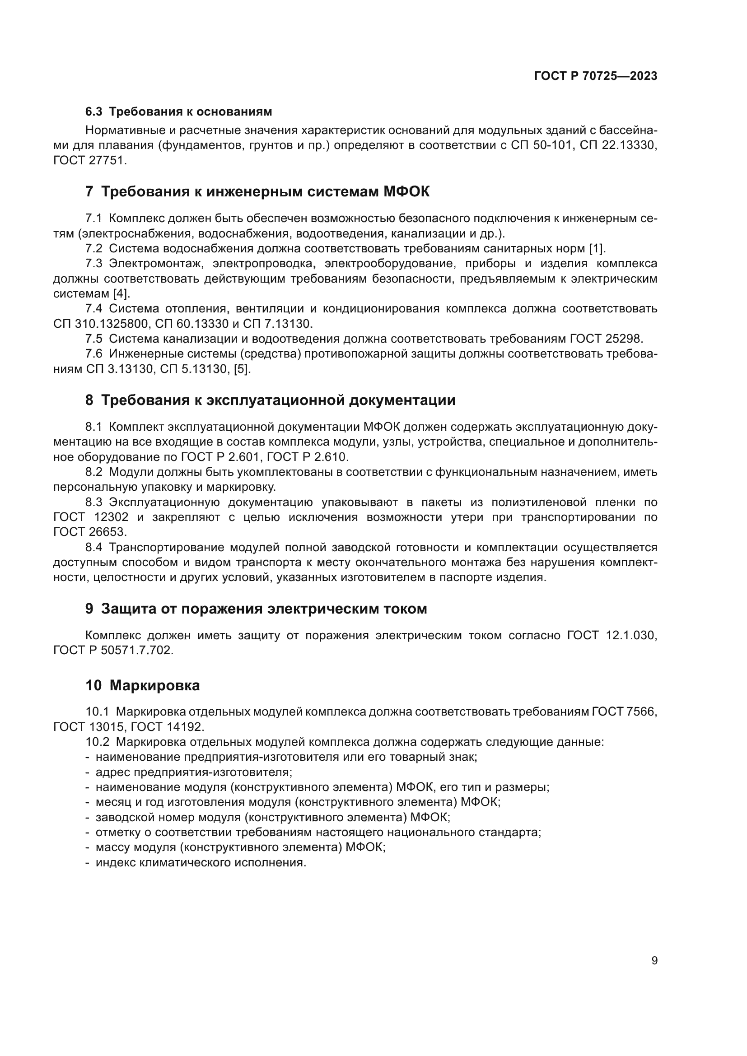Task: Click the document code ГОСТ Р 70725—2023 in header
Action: coord(596,76)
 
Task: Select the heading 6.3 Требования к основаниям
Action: coord(178,112)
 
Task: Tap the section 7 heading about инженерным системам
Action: coord(257,191)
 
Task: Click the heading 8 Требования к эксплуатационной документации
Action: coord(270,400)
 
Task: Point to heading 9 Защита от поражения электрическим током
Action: coord(256,609)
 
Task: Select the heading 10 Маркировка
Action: coord(143,685)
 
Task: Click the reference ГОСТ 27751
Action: coord(90,161)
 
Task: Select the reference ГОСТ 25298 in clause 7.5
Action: coord(605,339)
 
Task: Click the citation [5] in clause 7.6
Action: coord(242,369)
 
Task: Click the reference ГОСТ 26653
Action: coord(90,532)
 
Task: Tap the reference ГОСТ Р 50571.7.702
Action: coord(113,650)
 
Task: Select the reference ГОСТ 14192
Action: coord(168,727)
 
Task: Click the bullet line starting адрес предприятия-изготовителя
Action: coord(193,772)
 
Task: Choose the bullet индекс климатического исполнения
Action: coord(201,862)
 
